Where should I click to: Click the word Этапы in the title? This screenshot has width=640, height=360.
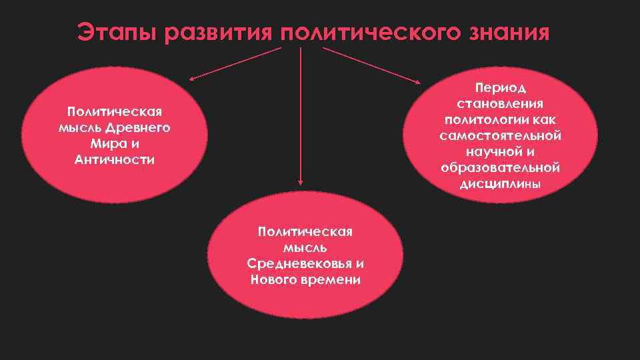116,32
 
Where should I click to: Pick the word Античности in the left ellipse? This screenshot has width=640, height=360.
115,160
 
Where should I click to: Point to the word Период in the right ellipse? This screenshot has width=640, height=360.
500,87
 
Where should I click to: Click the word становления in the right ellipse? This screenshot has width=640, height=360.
500,103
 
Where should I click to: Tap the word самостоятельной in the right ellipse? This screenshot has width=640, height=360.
500,135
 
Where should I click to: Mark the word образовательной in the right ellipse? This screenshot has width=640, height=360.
500,167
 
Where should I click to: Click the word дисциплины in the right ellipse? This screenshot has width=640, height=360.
500,184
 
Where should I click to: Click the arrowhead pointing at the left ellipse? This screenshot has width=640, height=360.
191,79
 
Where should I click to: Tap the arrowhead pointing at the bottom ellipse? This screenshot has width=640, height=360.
301,181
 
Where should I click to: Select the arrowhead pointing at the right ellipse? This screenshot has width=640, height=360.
418,83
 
